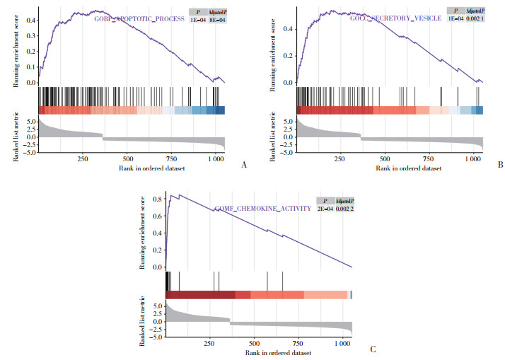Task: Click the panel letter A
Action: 244,164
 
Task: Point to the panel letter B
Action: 500,164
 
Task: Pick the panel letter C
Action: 372,349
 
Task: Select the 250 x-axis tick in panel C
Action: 208,344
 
